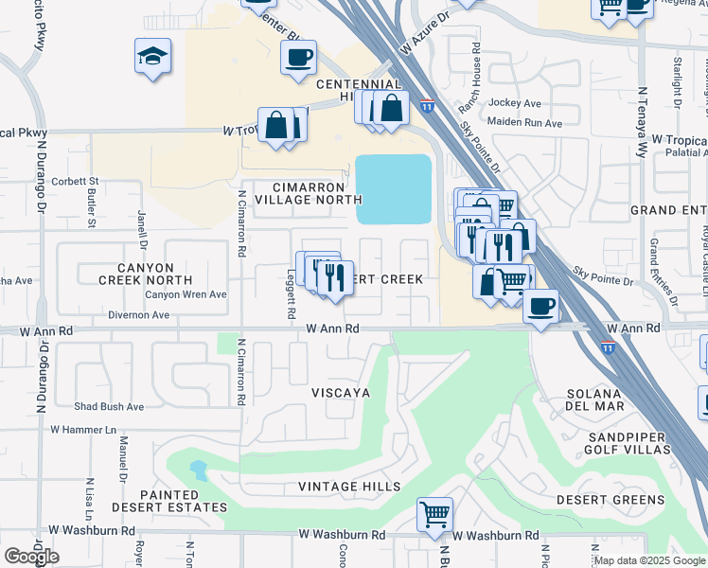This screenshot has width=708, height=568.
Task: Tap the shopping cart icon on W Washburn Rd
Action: (434, 515)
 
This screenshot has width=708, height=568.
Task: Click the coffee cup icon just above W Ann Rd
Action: (540, 307)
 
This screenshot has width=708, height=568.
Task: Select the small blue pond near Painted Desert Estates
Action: (199, 469)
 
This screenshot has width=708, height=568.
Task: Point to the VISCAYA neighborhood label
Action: (340, 392)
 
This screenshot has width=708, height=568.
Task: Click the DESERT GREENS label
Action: (610, 500)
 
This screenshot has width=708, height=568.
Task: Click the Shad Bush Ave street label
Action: (109, 407)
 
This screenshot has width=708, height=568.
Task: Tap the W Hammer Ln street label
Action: (82, 430)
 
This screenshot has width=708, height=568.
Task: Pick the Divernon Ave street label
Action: (139, 315)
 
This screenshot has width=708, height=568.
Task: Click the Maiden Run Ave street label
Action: (523, 122)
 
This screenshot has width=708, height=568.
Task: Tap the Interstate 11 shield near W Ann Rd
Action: (607, 347)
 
